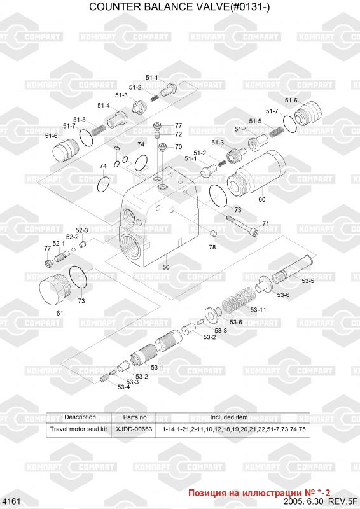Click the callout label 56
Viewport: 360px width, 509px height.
tap(166, 267)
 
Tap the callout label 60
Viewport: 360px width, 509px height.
tap(261, 199)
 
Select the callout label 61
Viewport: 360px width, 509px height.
tap(60, 313)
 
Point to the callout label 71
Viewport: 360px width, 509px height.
tap(265, 223)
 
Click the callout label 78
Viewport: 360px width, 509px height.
tap(212, 247)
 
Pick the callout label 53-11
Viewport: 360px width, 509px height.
tap(258, 310)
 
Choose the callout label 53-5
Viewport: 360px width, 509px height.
tap(307, 281)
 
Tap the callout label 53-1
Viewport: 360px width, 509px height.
tap(157, 367)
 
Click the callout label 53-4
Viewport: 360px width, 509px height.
tap(123, 387)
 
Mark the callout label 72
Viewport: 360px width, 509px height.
tap(178, 134)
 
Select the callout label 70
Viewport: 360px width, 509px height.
tap(178, 147)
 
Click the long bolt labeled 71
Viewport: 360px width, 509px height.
tap(242, 226)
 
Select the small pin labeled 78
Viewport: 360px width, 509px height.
tap(212, 234)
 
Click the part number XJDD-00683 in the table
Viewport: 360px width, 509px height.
tap(134, 429)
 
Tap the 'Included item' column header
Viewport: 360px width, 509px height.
tap(228, 417)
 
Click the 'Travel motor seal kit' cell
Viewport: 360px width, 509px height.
tap(78, 429)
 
